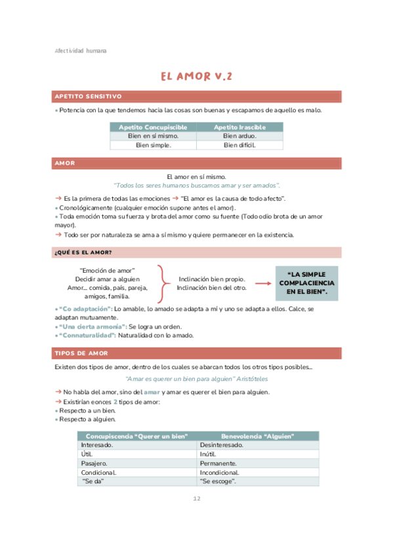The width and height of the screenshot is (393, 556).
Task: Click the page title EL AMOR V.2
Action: pyautogui.click(x=196, y=77)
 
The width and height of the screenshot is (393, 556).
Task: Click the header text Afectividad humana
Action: pyautogui.click(x=80, y=50)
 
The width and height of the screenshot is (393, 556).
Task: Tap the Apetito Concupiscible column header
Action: pyautogui.click(x=153, y=127)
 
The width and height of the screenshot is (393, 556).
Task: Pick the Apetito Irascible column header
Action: pyautogui.click(x=239, y=127)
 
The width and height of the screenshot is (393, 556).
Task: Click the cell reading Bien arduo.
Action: pyautogui.click(x=239, y=136)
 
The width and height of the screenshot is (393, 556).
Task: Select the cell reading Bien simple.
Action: pyautogui.click(x=153, y=145)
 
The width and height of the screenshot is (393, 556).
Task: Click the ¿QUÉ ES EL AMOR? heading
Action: pyautogui.click(x=83, y=252)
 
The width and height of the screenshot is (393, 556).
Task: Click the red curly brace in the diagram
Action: pyautogui.click(x=162, y=283)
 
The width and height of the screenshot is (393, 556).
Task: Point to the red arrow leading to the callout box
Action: pyautogui.click(x=264, y=283)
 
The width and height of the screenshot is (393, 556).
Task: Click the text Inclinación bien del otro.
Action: pyautogui.click(x=212, y=288)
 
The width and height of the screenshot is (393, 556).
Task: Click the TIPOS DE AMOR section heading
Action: pyautogui.click(x=80, y=353)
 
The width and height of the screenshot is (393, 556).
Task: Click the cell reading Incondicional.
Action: pyautogui.click(x=219, y=472)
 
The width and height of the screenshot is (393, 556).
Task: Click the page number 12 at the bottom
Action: pyautogui.click(x=196, y=499)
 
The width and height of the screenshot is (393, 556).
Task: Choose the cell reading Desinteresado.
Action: pyautogui.click(x=222, y=445)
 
